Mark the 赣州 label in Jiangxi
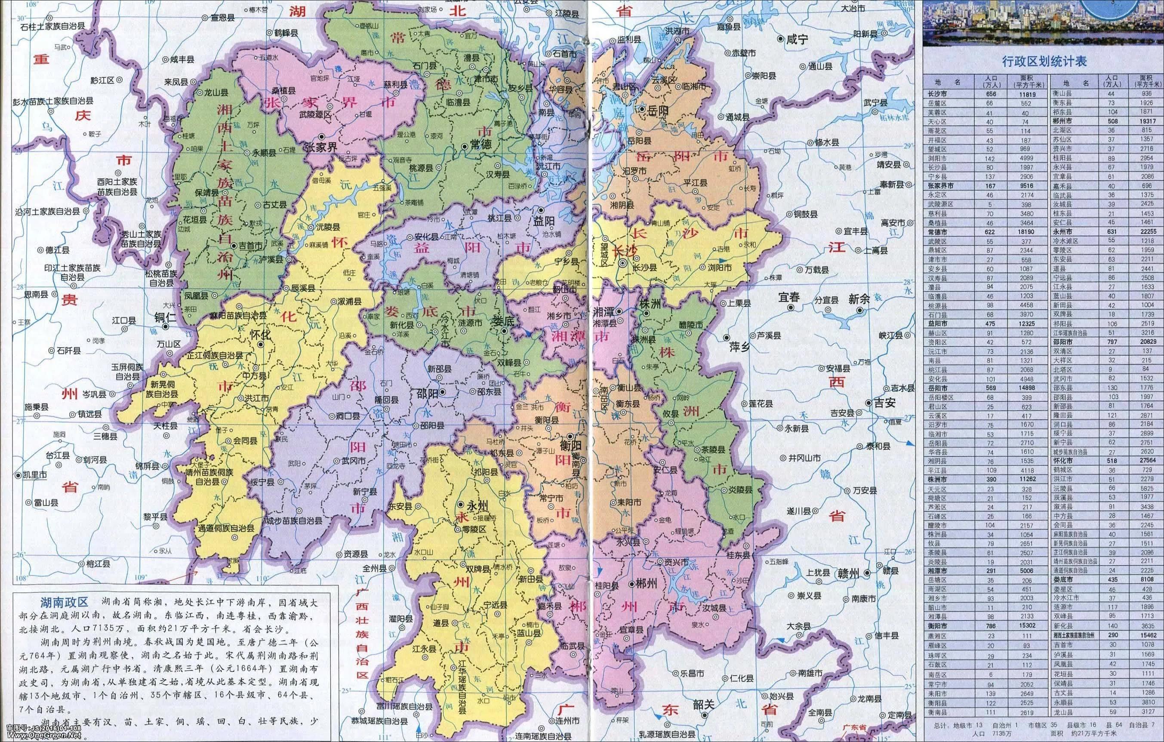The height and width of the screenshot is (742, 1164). click(x=848, y=573)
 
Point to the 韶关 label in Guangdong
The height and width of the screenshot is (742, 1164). click(x=703, y=704)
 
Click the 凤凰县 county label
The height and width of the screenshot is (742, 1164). click(x=196, y=295)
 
